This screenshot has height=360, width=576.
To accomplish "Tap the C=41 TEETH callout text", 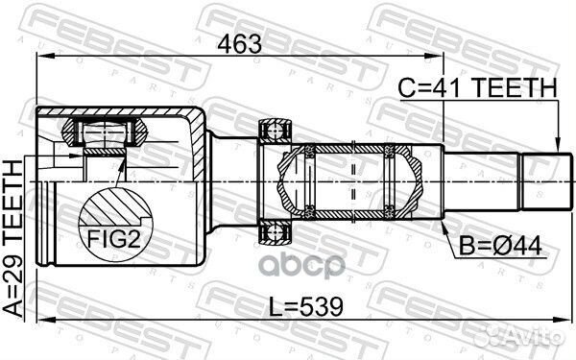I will (477, 87).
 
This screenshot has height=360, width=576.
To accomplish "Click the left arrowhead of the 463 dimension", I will (40, 60).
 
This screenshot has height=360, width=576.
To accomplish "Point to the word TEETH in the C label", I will (518, 87).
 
